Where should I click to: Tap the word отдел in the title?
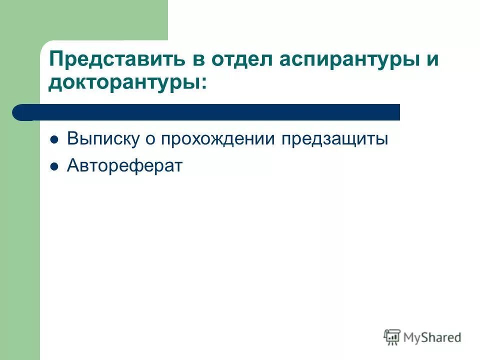pos(241,61)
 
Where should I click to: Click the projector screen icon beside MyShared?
pos(392,337)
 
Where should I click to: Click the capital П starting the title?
pos(55,61)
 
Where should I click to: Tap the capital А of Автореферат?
pos(73,166)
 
